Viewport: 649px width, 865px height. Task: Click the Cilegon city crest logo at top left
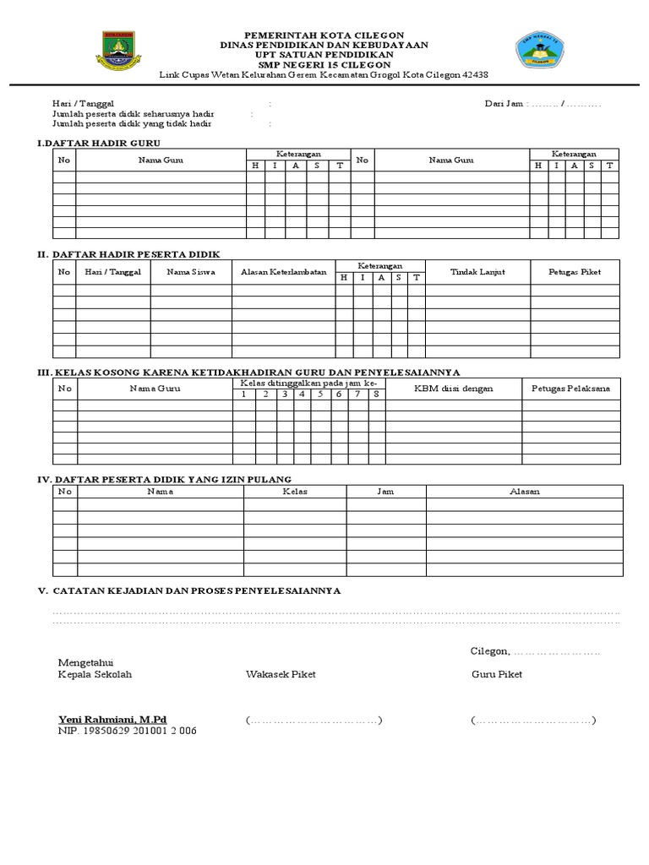point(117,52)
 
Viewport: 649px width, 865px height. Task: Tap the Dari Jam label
point(503,104)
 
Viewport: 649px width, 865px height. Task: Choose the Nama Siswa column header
point(191,272)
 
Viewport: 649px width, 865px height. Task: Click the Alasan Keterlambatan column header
point(284,272)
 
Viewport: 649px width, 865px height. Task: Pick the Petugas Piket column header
point(575,272)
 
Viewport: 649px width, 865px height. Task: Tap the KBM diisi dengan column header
point(453,389)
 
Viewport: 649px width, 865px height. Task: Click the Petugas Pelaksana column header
point(570,389)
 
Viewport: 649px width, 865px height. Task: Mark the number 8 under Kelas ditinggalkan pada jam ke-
point(375,394)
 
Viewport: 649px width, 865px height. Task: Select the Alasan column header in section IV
point(524,491)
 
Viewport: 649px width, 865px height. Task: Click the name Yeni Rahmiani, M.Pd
point(112,719)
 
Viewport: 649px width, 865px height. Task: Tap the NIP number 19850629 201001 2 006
point(127,731)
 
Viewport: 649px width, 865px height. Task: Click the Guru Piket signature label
point(497,674)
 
